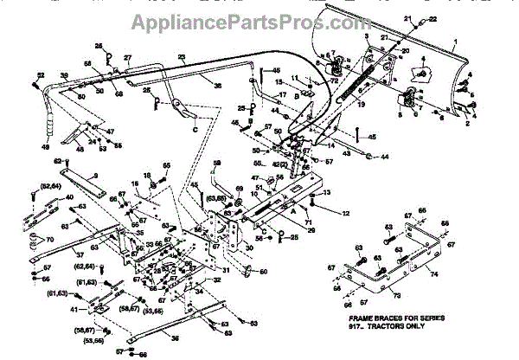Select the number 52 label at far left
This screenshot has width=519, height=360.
(40, 75)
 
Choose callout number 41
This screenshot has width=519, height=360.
(74, 309)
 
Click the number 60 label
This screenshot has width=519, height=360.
(265, 273)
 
